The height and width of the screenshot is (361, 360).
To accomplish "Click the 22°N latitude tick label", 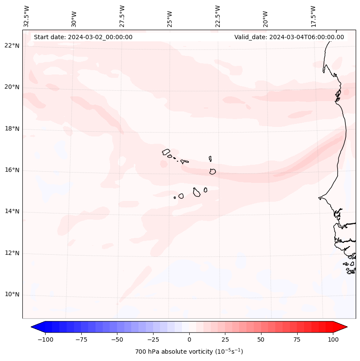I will [x=12, y=46].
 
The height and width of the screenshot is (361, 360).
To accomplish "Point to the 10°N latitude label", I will [x=12, y=294].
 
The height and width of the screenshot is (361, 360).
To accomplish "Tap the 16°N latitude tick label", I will [x=12, y=170].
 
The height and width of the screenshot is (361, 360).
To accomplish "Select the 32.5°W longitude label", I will [x=27, y=16].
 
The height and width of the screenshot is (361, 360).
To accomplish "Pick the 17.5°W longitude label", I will [x=314, y=16].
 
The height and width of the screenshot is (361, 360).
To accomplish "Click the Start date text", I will [x=83, y=37].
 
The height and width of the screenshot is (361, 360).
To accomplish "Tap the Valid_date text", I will [x=289, y=37].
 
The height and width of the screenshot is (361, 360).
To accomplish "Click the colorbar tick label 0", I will [x=189, y=339].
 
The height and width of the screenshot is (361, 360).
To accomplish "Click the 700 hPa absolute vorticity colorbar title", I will [x=189, y=352].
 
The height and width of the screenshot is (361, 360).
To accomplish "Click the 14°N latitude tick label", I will [x=12, y=212].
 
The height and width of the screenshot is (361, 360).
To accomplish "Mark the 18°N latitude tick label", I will [x=12, y=129].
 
